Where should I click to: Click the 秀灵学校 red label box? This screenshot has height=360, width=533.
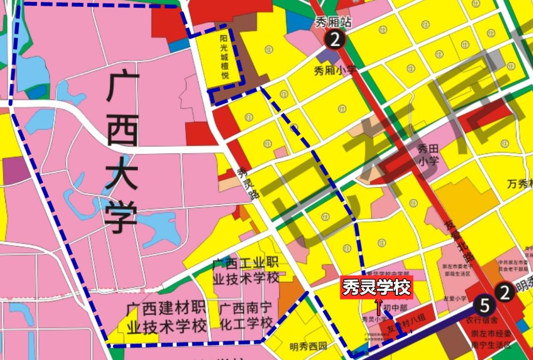pyautogui.click(x=376, y=288)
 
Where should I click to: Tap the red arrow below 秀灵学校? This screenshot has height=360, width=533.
pyautogui.click(x=379, y=306)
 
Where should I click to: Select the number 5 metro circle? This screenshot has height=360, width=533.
pyautogui.click(x=484, y=306)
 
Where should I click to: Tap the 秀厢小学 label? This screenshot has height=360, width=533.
pyautogui.click(x=335, y=70)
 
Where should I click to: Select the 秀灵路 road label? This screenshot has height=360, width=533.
pyautogui.click(x=248, y=182)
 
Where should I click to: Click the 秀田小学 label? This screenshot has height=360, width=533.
pyautogui.click(x=428, y=154)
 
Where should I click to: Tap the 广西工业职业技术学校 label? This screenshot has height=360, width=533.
pyautogui.click(x=245, y=271)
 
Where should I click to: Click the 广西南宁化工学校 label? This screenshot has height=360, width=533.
pyautogui.click(x=245, y=316)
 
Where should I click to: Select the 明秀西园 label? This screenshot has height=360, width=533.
pyautogui.click(x=308, y=346)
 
